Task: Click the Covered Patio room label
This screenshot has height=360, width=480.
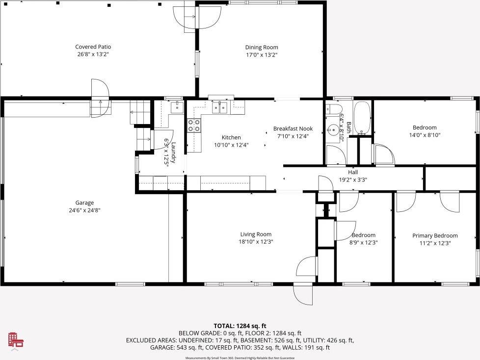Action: [x=93, y=47]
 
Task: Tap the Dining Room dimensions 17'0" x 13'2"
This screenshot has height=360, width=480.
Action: [x=262, y=55]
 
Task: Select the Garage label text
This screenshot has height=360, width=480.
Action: [x=84, y=203]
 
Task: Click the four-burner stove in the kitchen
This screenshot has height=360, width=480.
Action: [x=194, y=126]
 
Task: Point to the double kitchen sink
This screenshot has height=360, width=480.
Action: [x=220, y=107]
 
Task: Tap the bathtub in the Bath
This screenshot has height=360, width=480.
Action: [x=362, y=118]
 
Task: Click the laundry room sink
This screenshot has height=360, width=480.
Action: [x=177, y=107]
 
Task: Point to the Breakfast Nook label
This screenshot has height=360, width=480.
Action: [x=293, y=129]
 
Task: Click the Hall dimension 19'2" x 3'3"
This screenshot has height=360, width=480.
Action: [x=353, y=180]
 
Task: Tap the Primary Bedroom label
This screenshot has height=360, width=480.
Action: [x=435, y=236]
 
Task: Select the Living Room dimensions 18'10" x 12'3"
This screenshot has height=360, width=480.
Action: [x=256, y=242]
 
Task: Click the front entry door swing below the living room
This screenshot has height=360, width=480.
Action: [x=303, y=295]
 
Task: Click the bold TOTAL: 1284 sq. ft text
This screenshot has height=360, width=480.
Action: [x=240, y=326]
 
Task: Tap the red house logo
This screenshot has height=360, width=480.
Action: [x=16, y=340]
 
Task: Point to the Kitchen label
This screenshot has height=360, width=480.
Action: [x=231, y=138]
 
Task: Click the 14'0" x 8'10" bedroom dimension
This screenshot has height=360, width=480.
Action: [x=425, y=135]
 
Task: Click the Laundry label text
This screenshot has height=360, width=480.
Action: [x=174, y=153]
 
